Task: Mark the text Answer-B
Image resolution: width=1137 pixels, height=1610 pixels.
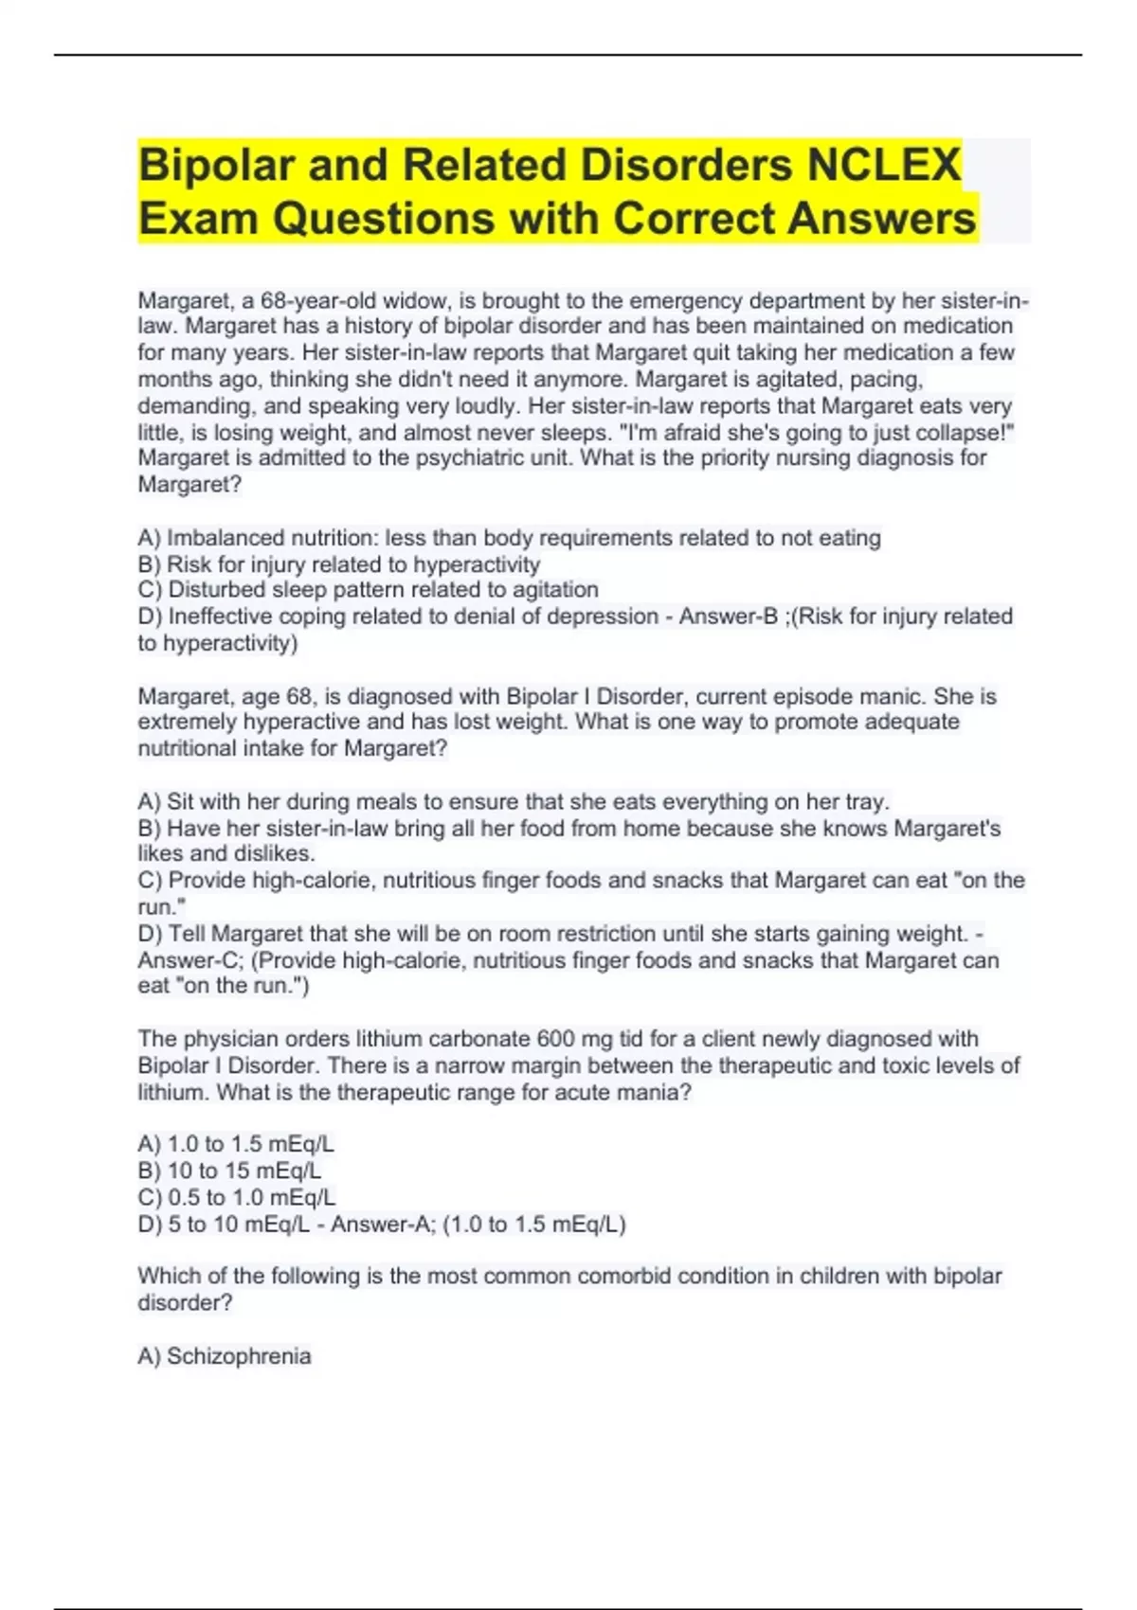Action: click(728, 617)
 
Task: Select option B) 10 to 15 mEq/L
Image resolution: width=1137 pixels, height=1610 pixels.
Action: click(229, 1171)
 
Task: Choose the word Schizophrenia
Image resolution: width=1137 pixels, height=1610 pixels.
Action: click(239, 1356)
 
